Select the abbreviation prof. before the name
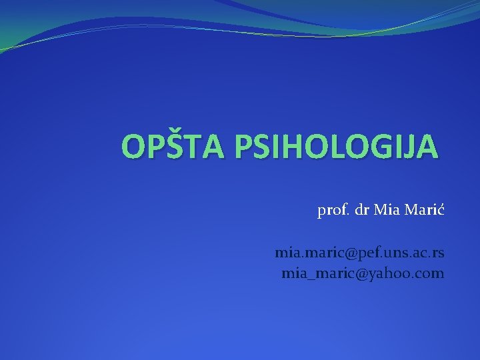coord(331,212)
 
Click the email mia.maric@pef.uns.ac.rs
coord(360,254)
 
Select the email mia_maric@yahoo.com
coord(363,273)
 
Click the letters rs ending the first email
coord(439,254)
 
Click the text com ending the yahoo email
coord(429,273)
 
